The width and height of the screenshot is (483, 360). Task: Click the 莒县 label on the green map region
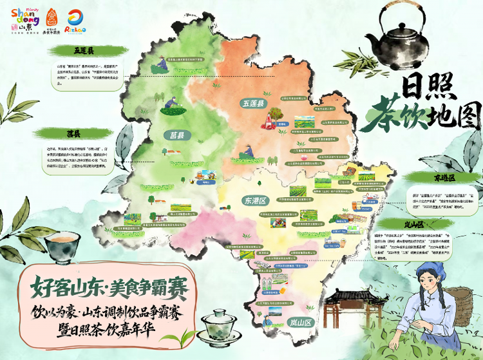point(177,135)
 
